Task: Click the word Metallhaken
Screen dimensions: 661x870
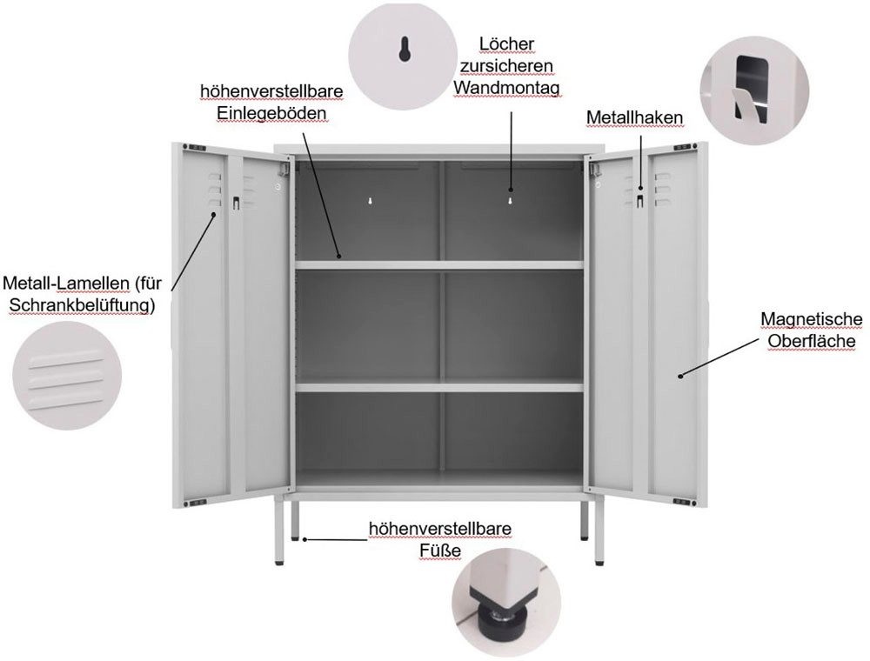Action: coord(633,117)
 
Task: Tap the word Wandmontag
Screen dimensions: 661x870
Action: coord(506,88)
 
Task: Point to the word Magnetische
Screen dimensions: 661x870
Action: coord(811,319)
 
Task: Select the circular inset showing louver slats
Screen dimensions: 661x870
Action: coord(64,371)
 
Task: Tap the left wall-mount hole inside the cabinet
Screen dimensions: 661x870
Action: coord(371,201)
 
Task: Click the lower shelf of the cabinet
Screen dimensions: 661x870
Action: coord(438,386)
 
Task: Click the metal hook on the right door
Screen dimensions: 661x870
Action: coord(640,201)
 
